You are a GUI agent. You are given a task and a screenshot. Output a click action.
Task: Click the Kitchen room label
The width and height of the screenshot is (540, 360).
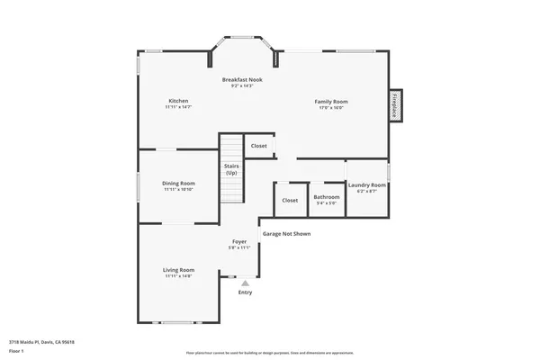(179, 100)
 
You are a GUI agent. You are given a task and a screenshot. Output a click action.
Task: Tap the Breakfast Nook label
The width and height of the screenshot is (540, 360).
(243, 80)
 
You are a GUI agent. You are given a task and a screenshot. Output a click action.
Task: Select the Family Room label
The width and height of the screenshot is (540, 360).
(330, 101)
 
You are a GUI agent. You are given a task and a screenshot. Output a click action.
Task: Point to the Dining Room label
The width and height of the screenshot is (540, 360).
(179, 183)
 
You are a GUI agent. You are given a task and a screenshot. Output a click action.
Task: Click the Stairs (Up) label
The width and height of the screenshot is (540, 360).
(231, 170)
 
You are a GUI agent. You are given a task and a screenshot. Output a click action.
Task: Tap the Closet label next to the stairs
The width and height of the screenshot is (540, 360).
(258, 145)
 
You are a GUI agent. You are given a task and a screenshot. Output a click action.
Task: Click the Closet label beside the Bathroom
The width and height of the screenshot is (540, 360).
(290, 200)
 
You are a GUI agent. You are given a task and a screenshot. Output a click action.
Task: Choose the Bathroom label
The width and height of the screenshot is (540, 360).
(326, 196)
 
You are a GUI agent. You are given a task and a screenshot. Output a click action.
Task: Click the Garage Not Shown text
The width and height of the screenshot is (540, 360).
(285, 233)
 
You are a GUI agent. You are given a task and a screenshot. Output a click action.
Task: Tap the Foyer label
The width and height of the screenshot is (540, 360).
(239, 241)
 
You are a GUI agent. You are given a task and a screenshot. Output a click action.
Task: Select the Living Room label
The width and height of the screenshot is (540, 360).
(178, 270)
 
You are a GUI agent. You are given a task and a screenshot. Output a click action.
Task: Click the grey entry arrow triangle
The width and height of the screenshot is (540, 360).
(245, 282)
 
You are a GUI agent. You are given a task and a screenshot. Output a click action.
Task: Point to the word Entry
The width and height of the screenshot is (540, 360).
(245, 292)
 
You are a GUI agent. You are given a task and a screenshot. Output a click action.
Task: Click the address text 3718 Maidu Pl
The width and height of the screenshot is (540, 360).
(41, 342)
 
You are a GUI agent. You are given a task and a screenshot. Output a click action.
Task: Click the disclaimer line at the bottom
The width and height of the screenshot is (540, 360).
(269, 353)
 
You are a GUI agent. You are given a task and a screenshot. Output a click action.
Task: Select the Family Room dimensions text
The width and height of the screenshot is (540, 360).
(330, 107)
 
